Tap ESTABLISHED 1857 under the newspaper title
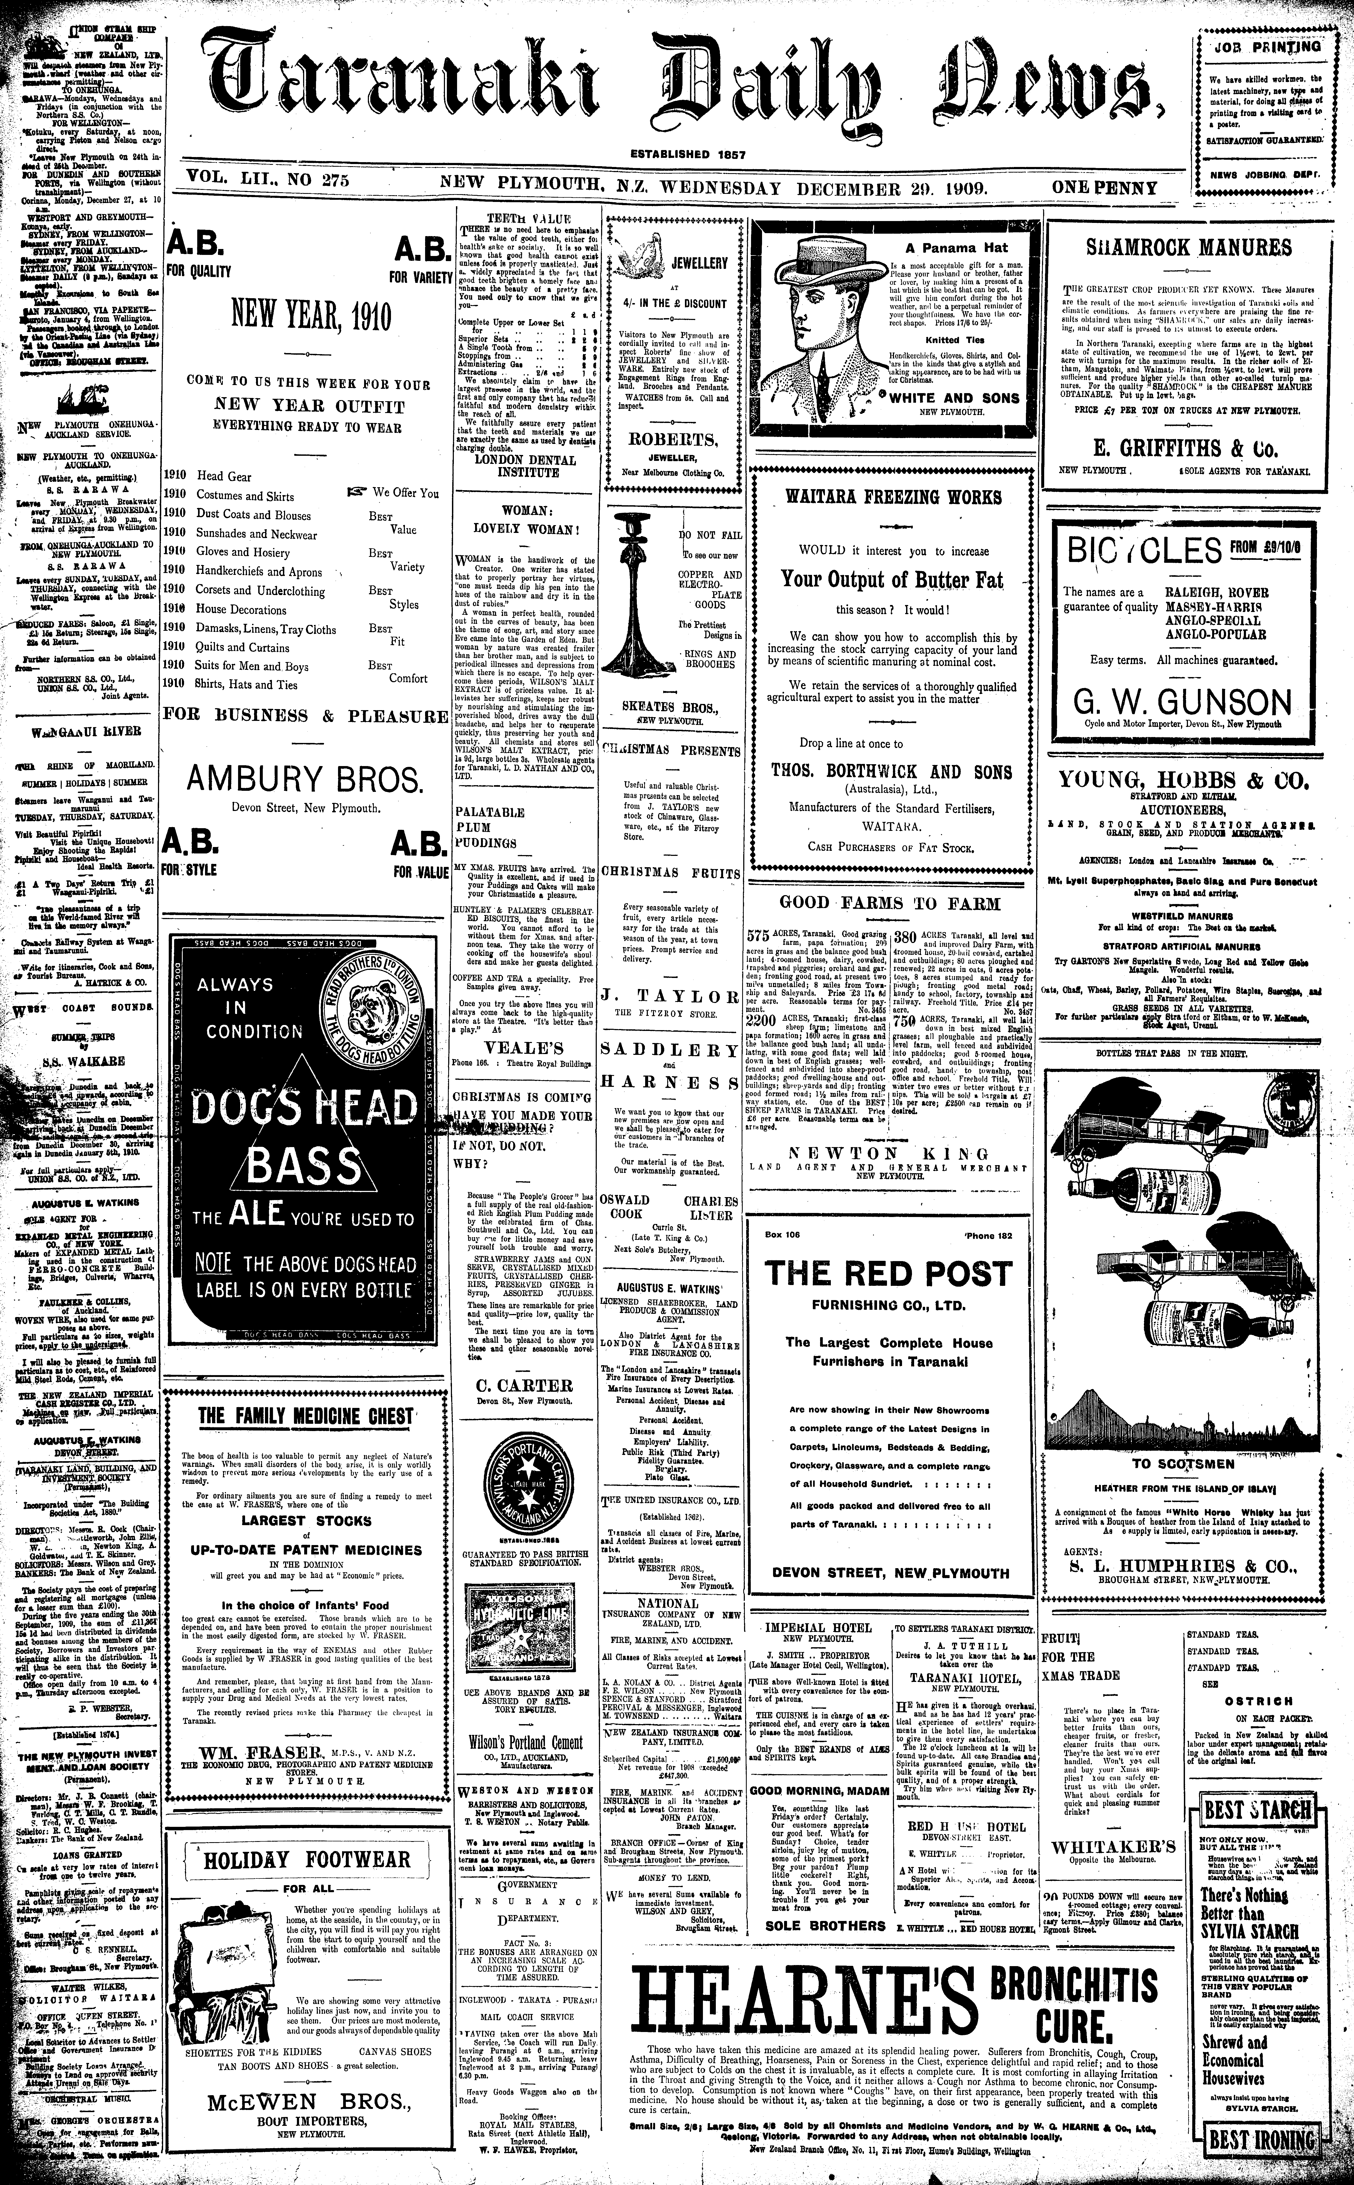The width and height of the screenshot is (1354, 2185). tap(688, 154)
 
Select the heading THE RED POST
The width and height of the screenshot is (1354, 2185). tap(888, 1273)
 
